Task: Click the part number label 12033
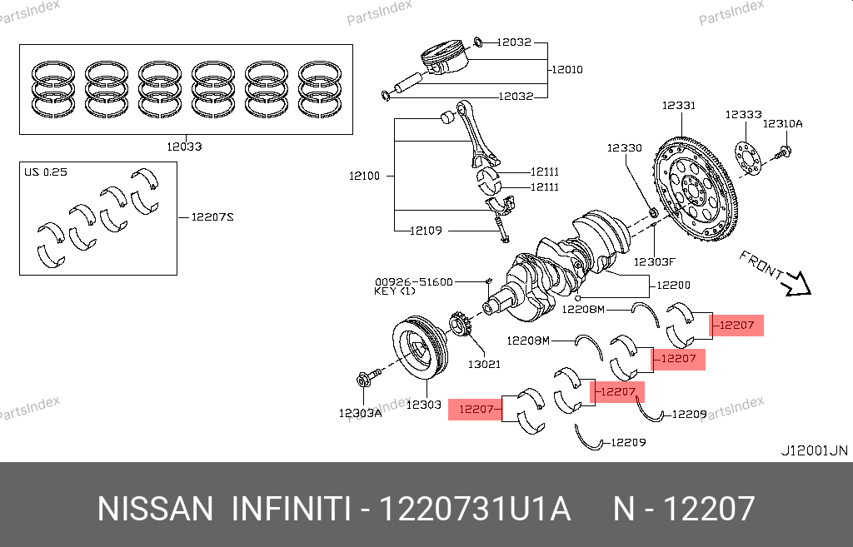pyautogui.click(x=182, y=146)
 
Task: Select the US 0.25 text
pyautogui.click(x=46, y=172)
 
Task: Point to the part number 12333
pyautogui.click(x=743, y=114)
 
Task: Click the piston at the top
pyautogui.click(x=441, y=58)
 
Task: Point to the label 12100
pyautogui.click(x=364, y=176)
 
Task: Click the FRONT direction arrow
pyautogui.click(x=795, y=284)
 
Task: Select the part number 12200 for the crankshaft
pyautogui.click(x=673, y=285)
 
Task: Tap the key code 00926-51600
pyautogui.click(x=413, y=281)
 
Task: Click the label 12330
pyautogui.click(x=624, y=147)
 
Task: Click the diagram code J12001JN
pyautogui.click(x=813, y=450)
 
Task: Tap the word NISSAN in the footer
pyautogui.click(x=155, y=508)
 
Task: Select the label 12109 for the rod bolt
pyautogui.click(x=425, y=231)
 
